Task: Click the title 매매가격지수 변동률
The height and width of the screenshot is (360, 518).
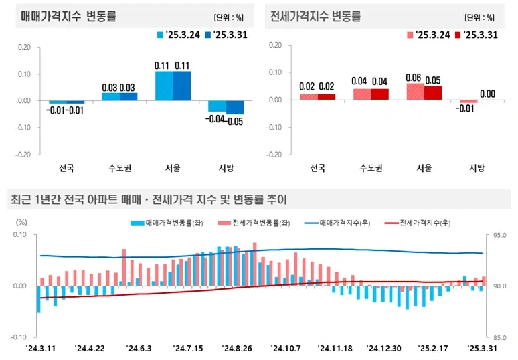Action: click(68, 17)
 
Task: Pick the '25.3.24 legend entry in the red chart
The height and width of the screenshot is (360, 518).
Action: click(428, 35)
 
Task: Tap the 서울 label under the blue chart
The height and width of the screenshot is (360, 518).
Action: click(173, 167)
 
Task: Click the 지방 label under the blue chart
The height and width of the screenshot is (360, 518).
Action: click(226, 167)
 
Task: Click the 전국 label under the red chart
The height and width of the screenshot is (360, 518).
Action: click(317, 167)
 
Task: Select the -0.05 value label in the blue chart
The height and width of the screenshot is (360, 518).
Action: click(236, 121)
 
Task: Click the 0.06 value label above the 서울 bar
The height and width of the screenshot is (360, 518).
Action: click(415, 78)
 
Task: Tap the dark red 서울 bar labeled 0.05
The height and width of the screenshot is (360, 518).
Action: click(433, 93)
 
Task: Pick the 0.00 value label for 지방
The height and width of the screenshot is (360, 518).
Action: click(487, 94)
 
